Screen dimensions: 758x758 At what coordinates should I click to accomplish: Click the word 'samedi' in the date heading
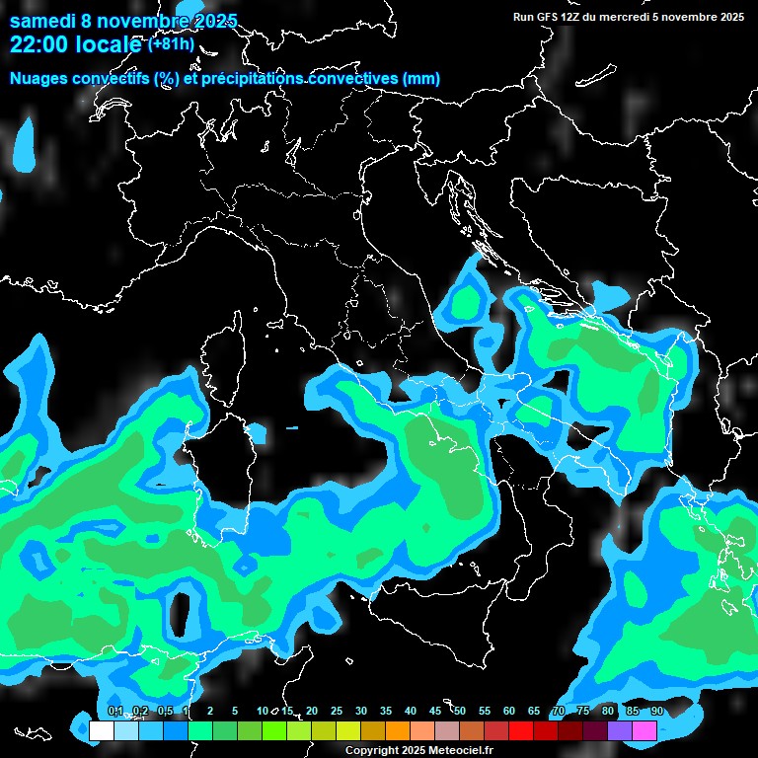(40, 21)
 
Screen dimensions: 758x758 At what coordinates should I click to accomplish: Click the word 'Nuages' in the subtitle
(40, 79)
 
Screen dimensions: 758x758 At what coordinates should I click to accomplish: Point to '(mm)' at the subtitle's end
(421, 79)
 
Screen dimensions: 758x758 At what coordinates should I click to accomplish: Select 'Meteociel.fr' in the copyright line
(461, 751)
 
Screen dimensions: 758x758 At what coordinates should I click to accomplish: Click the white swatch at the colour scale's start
(101, 730)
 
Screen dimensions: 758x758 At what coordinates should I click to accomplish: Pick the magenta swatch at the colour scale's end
(644, 730)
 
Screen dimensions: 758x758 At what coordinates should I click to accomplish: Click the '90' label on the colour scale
(656, 712)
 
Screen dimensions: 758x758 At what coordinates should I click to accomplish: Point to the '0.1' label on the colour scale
(114, 712)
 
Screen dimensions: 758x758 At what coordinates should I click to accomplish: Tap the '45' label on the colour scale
(435, 712)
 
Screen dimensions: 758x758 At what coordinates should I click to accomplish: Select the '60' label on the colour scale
(509, 712)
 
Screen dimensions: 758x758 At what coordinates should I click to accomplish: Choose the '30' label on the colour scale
(361, 712)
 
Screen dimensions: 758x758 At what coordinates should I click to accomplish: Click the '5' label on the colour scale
(235, 712)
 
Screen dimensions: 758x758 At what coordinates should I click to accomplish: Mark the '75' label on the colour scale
(583, 712)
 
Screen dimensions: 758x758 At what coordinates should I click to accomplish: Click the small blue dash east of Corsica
(291, 428)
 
